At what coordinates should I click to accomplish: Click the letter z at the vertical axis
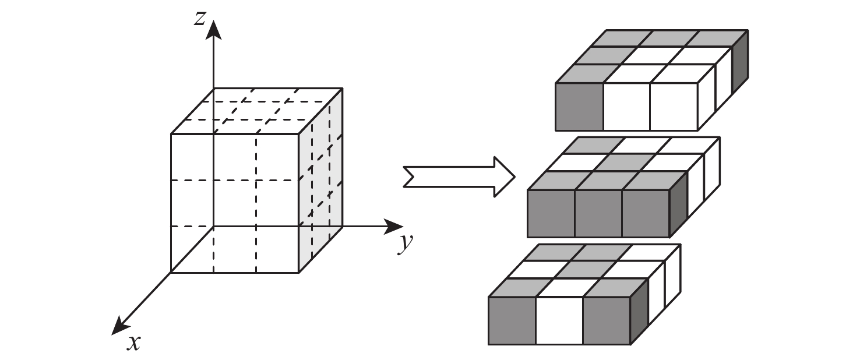tap(200, 19)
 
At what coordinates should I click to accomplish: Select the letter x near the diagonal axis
tap(134, 343)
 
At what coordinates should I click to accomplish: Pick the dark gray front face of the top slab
tap(579, 107)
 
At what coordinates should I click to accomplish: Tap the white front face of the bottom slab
tap(559, 320)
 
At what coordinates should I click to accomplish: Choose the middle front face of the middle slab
tap(598, 213)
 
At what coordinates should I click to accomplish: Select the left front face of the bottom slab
tap(512, 320)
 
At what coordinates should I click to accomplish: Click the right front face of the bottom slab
tap(607, 320)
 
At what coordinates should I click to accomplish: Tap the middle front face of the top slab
tap(626, 107)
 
